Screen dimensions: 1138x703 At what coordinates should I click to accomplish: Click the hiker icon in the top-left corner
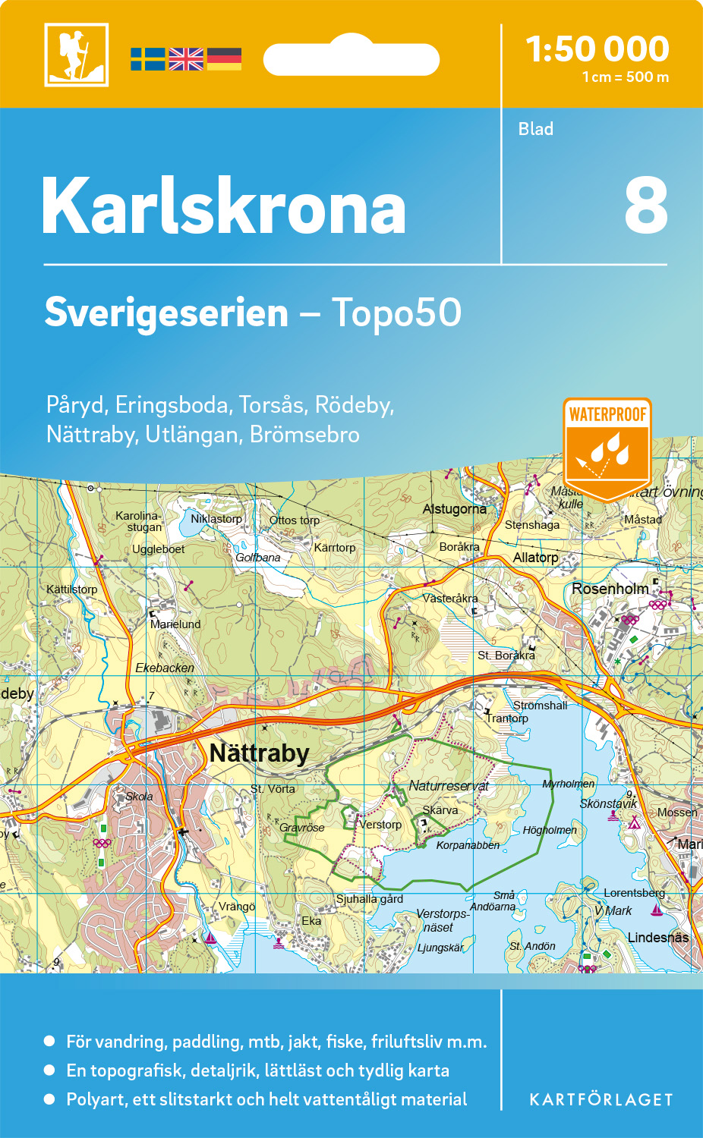[x=76, y=55]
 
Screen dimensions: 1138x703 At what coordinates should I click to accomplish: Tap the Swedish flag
[x=148, y=59]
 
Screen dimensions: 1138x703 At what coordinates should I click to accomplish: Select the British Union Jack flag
[x=186, y=59]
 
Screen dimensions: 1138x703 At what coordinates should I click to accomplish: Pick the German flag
[x=224, y=59]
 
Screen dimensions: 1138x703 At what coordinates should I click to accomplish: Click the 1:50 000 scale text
[x=597, y=49]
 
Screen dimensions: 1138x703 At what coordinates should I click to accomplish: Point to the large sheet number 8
[x=646, y=206]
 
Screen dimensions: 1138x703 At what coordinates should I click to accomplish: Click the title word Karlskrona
[x=224, y=206]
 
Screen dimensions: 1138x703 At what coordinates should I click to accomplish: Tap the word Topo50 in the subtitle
[x=396, y=313]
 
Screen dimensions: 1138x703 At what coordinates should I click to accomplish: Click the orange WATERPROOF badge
[x=607, y=448]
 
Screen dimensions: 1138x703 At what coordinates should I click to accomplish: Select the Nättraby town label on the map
[x=259, y=753]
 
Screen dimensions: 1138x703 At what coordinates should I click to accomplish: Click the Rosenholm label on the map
[x=610, y=589]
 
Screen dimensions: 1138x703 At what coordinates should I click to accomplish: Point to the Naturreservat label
[x=449, y=786]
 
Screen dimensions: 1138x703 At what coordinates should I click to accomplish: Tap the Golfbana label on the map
[x=258, y=558]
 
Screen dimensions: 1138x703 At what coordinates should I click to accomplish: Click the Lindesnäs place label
[x=657, y=938]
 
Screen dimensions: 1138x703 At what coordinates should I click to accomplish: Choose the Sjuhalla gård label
[x=370, y=899]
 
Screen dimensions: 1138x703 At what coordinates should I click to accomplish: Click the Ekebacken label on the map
[x=165, y=668]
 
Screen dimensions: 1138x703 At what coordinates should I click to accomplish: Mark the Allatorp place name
[x=535, y=558]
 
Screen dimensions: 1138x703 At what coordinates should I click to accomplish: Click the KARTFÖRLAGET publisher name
[x=601, y=1100]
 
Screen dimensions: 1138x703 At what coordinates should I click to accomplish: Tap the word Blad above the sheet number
[x=536, y=129]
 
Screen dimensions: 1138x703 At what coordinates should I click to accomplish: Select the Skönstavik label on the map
[x=608, y=803]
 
